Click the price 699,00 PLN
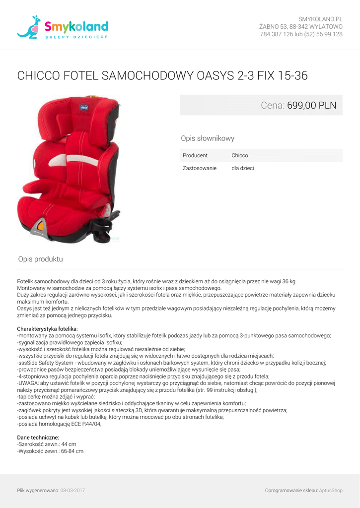(311, 106)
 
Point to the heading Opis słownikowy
(208, 138)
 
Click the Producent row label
(195, 155)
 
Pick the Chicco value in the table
(240, 155)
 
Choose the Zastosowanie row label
(200, 168)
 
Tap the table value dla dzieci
(243, 168)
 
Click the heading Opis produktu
(41, 259)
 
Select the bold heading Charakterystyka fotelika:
(48, 329)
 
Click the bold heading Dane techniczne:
(38, 438)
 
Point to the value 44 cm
(69, 444)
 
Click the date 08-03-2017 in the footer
(73, 491)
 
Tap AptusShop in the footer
(331, 491)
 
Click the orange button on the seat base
(41, 226)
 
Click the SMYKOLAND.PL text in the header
(320, 19)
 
